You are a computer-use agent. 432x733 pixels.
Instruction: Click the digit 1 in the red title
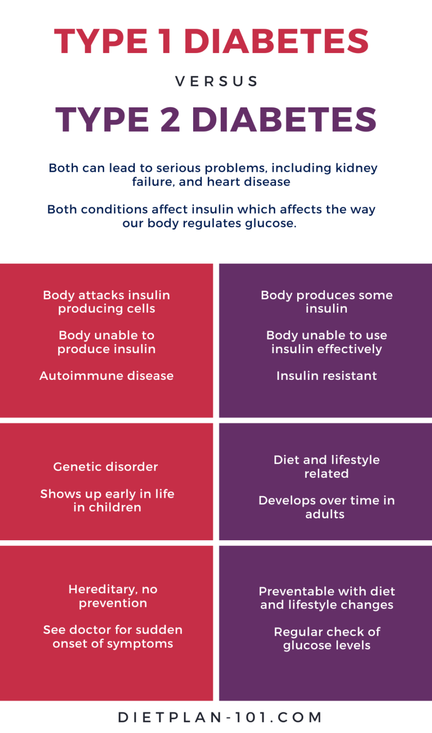pyautogui.click(x=165, y=41)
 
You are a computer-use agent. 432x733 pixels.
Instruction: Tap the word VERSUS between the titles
pyautogui.click(x=216, y=82)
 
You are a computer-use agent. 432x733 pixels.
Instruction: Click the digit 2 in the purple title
pyautogui.click(x=170, y=119)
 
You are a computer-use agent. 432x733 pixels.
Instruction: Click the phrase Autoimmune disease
pyautogui.click(x=106, y=376)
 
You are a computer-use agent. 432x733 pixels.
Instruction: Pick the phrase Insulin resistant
pyautogui.click(x=326, y=376)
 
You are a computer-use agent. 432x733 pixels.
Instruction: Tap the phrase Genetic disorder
pyautogui.click(x=106, y=467)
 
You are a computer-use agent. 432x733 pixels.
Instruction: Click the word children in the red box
pyautogui.click(x=114, y=507)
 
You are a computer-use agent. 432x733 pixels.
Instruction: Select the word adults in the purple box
pyautogui.click(x=325, y=514)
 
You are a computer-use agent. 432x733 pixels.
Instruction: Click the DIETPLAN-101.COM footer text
pyautogui.click(x=220, y=717)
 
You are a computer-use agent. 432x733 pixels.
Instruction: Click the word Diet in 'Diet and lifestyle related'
pyautogui.click(x=286, y=460)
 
